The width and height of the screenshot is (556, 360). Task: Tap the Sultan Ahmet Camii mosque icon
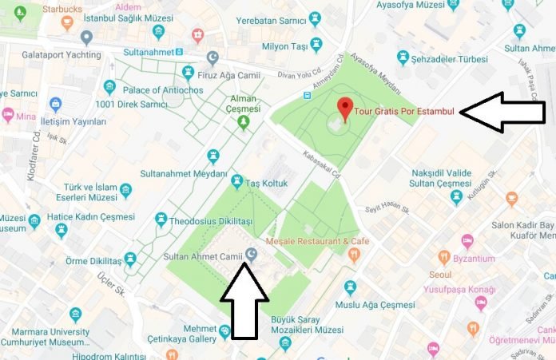[252, 255]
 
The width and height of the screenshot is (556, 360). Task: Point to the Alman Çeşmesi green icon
[244, 122]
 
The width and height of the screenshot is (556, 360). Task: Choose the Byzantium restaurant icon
[445, 257]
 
